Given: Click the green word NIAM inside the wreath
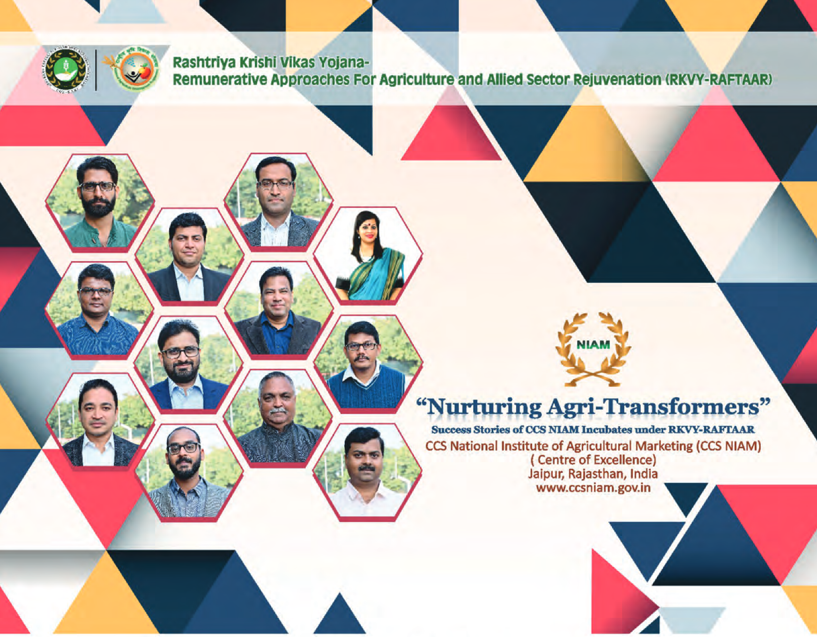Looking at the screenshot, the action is (x=593, y=345).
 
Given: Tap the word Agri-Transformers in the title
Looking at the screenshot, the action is (x=653, y=407).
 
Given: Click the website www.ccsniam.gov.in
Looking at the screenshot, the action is (x=593, y=488).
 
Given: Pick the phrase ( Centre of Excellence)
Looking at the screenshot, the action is (x=593, y=460).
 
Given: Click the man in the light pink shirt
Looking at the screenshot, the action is (x=366, y=472).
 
